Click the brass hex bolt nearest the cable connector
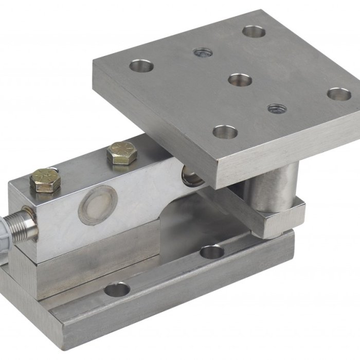(x=43, y=179)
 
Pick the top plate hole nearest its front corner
(x=225, y=132)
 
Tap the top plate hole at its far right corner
(x=338, y=94)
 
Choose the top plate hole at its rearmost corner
(x=254, y=31)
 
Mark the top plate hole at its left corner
(x=141, y=65)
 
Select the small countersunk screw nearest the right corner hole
(x=277, y=109)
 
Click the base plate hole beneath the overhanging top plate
(x=211, y=251)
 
